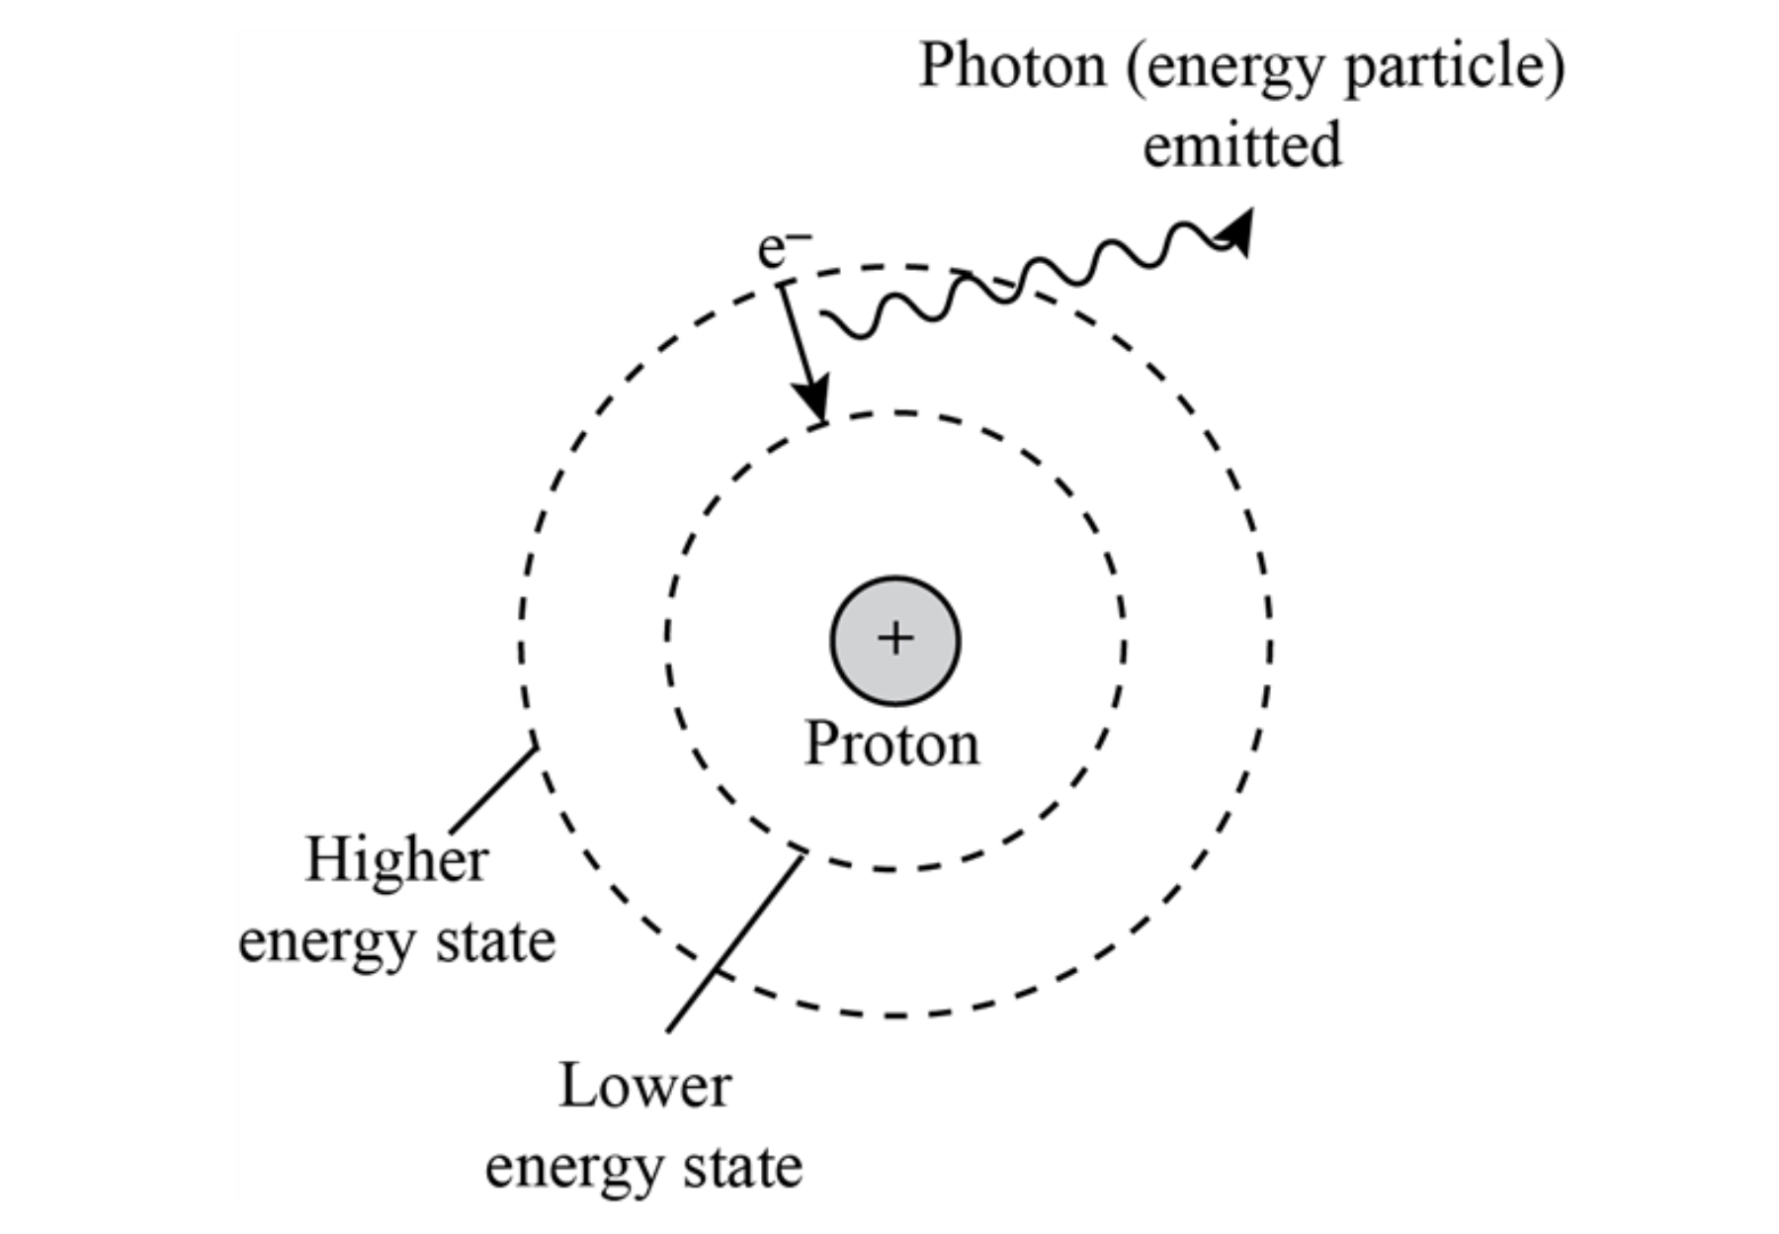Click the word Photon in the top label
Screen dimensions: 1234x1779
coord(1012,67)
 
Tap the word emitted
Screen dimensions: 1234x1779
coord(1242,145)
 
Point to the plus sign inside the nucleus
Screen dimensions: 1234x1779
coord(895,639)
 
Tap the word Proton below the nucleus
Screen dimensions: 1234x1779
coord(892,745)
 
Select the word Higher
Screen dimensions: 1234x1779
coord(396,860)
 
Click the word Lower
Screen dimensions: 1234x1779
coord(644,1086)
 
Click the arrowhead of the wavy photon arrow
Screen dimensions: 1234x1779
coord(1237,229)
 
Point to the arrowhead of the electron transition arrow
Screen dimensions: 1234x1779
coord(816,403)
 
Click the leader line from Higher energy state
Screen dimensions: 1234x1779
coord(493,789)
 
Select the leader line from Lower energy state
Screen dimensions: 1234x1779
coord(735,943)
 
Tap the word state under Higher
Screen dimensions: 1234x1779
coord(497,941)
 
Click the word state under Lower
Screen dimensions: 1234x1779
coord(744,1167)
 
